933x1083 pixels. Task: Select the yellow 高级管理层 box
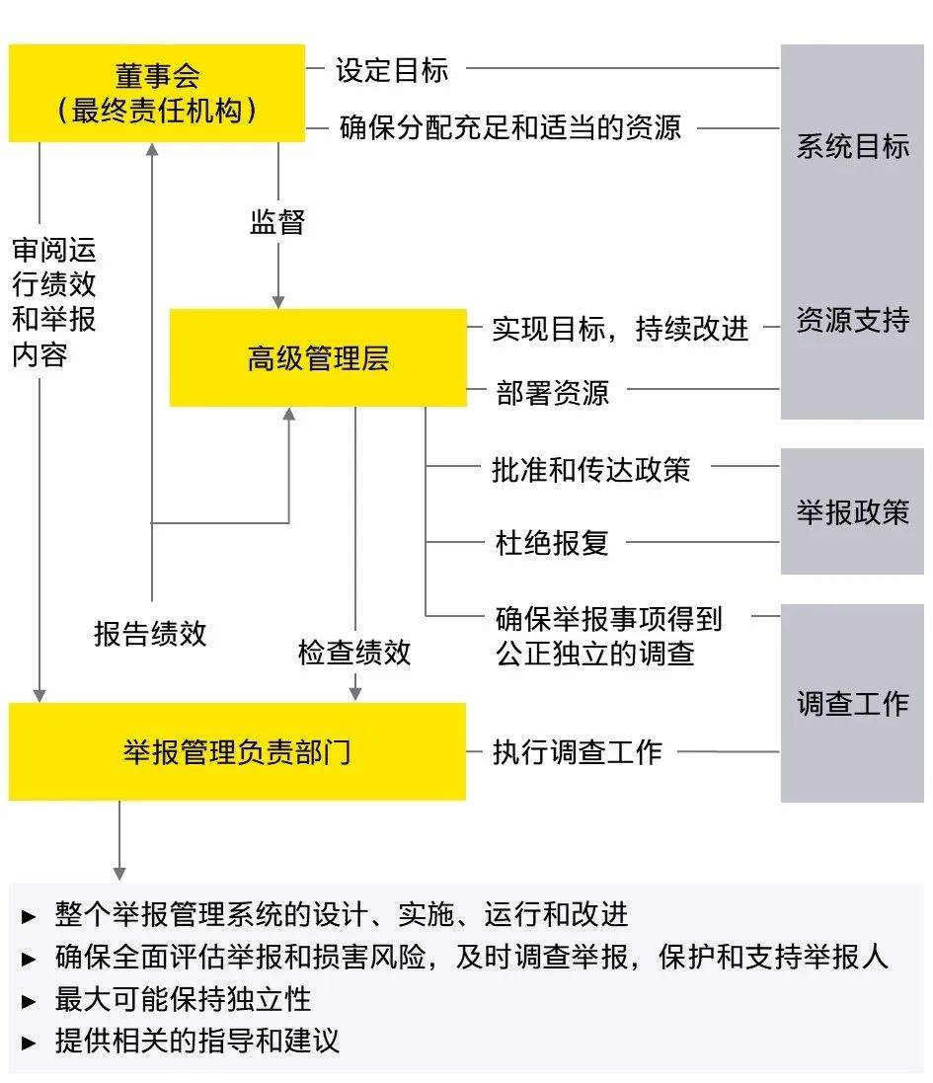tap(318, 357)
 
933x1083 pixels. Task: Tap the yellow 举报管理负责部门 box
tap(237, 751)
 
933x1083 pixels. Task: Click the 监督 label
tap(277, 222)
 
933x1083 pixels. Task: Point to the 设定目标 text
tap(392, 70)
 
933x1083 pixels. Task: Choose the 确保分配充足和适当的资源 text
tap(509, 127)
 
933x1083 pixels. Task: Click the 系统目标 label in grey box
tap(852, 147)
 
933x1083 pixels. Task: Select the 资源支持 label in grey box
tap(852, 321)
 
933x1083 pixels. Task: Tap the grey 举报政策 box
tap(852, 511)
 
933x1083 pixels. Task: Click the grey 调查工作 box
tap(852, 703)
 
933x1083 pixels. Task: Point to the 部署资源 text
tap(552, 392)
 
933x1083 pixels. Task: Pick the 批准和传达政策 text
tap(590, 469)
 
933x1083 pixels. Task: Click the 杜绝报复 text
tap(552, 542)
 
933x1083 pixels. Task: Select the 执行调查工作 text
tap(578, 752)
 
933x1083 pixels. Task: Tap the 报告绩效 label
tap(150, 633)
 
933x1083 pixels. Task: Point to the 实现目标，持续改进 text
tap(620, 329)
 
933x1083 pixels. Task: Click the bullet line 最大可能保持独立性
tap(183, 999)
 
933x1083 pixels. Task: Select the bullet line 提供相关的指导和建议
tap(196, 1041)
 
